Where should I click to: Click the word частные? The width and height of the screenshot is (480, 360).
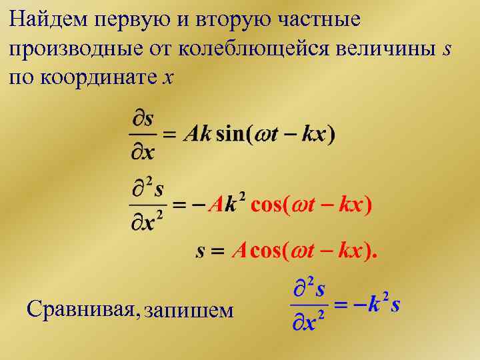(323, 19)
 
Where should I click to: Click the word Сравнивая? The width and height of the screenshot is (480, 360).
(81, 309)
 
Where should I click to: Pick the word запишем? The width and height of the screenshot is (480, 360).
(189, 310)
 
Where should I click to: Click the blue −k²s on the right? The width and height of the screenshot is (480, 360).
(377, 305)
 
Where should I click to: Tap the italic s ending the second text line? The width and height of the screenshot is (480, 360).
(447, 49)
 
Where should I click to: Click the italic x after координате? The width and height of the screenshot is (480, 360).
(167, 79)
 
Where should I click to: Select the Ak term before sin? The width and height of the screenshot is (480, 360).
(197, 133)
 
